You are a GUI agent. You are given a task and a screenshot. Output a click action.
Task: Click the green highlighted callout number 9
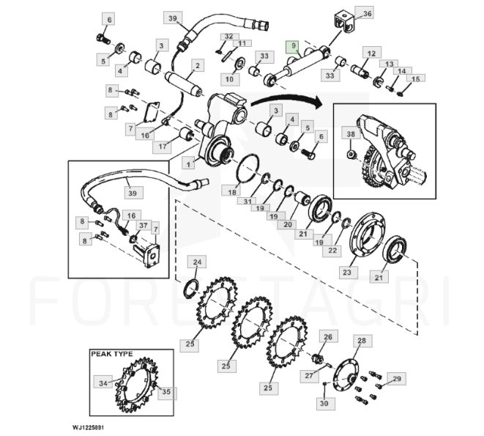point(293,45)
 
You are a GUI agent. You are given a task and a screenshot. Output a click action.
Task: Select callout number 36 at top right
point(368,13)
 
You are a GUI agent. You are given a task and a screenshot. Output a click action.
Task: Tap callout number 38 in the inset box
point(351,135)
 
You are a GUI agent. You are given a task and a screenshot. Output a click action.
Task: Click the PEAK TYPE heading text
point(112,354)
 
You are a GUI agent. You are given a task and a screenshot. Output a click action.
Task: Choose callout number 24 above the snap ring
point(196,262)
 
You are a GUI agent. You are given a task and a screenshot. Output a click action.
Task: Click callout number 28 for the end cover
point(361,341)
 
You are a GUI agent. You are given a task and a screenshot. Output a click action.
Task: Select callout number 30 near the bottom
point(323,404)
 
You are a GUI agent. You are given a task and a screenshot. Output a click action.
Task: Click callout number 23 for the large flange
point(347,273)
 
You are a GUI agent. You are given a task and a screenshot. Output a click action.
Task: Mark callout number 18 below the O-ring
point(231,192)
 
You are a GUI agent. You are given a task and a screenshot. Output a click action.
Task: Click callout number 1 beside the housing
point(190,162)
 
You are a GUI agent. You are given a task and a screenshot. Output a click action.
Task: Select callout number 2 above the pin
point(196,65)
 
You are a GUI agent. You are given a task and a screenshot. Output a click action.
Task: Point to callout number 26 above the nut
point(327,337)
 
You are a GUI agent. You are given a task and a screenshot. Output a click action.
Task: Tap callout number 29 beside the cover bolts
point(397,378)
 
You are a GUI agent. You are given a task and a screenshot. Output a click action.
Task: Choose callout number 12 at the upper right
point(372,53)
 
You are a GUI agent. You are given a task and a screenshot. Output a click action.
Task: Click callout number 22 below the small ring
point(333,250)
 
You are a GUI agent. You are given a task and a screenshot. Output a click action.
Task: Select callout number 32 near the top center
point(228,36)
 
